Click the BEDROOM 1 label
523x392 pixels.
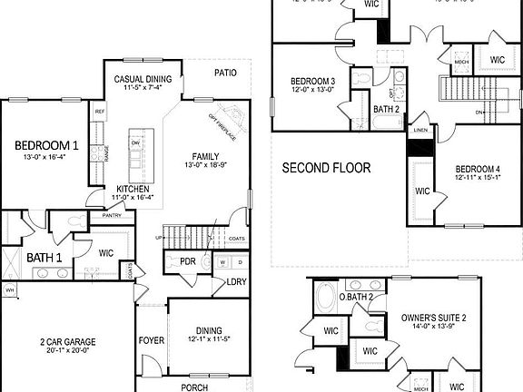46,145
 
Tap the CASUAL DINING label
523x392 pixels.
143,79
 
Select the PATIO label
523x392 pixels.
225,73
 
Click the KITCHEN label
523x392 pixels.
132,189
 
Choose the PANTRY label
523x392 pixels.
112,216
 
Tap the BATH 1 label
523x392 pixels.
44,259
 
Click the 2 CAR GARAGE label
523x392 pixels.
68,342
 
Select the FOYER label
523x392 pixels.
151,342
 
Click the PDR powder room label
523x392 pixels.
188,261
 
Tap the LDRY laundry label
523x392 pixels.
236,282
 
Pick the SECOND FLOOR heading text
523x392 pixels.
326,168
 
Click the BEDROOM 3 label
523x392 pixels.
313,82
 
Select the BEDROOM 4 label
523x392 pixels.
477,170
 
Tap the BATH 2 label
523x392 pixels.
387,110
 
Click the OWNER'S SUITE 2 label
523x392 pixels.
433,318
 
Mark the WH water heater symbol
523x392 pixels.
10,290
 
